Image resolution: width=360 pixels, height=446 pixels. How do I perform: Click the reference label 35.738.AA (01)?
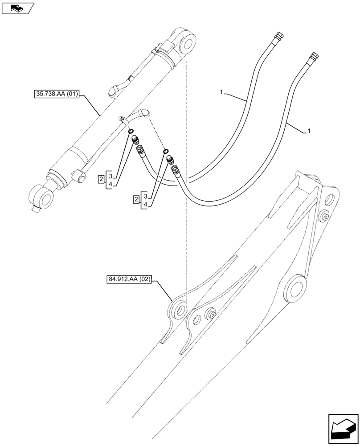(56, 94)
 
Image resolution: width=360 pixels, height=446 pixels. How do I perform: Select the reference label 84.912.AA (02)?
(130, 280)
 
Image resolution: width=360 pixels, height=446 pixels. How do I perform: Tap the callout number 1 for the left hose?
(221, 92)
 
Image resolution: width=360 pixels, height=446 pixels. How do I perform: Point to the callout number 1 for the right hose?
(309, 131)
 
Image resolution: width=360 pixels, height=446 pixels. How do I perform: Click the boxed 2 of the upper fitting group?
(102, 179)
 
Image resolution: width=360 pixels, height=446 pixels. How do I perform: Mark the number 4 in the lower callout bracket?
(146, 204)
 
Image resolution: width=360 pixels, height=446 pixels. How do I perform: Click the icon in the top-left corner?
(17, 8)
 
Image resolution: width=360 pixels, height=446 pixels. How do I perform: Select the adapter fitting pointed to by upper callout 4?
(134, 139)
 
